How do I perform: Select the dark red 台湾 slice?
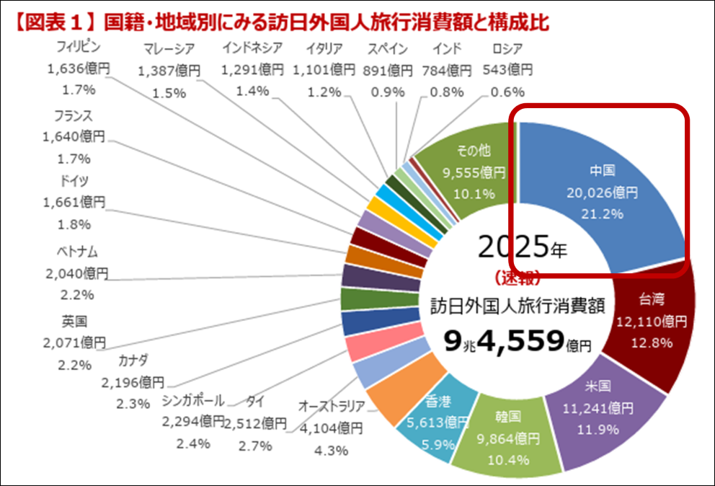652,321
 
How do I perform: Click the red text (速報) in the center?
518,278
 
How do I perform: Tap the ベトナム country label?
76,252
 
